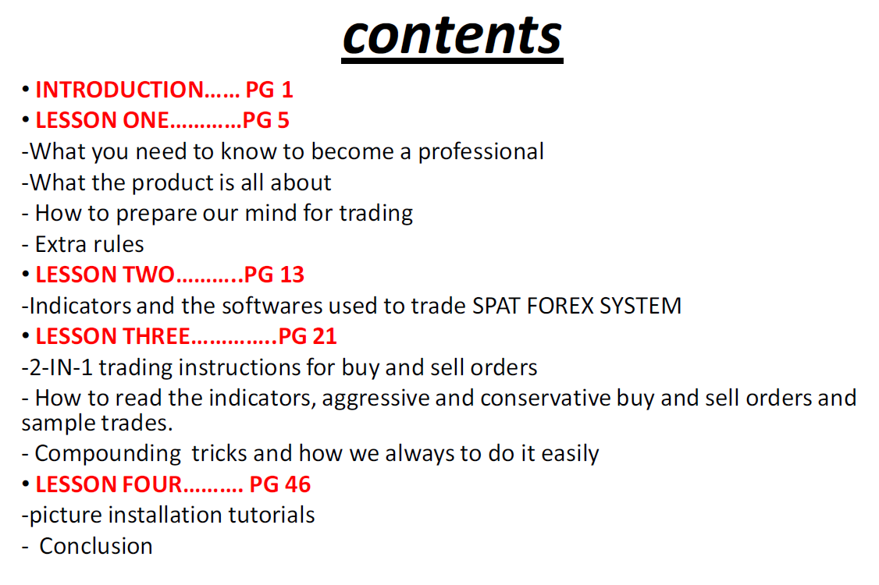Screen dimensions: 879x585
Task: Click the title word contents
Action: [x=452, y=36]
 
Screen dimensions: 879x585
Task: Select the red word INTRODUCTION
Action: [x=119, y=90]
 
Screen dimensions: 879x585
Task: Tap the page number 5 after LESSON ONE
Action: [x=283, y=120]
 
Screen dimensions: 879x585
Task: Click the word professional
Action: [x=481, y=152]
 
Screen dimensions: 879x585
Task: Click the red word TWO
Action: [x=148, y=275]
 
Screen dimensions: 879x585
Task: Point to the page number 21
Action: [x=324, y=336]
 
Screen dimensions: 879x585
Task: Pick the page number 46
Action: [x=297, y=484]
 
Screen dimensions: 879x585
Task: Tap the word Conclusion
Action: [x=96, y=546]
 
